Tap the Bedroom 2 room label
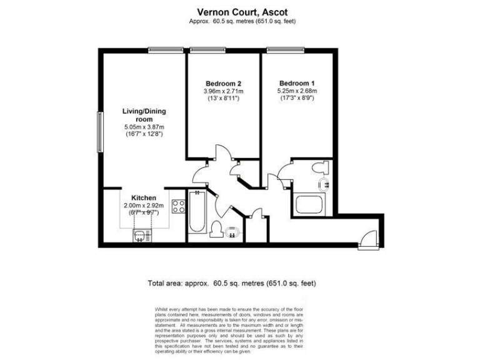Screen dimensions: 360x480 (x=223, y=84)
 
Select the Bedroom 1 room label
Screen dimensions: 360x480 (x=297, y=84)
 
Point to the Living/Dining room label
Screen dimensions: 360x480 (x=144, y=115)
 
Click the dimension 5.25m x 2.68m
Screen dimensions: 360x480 (x=297, y=91)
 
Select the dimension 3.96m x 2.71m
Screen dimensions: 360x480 (x=223, y=91)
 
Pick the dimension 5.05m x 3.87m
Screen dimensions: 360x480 (x=144, y=126)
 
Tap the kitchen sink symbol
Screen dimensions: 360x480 (x=139, y=234)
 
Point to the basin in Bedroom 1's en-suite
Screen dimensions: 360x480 (x=324, y=184)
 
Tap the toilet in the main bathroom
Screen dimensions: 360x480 (x=217, y=229)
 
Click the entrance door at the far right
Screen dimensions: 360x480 (x=365, y=240)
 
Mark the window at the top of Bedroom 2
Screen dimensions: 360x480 (x=208, y=50)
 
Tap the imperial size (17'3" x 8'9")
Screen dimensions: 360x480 (x=297, y=99)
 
